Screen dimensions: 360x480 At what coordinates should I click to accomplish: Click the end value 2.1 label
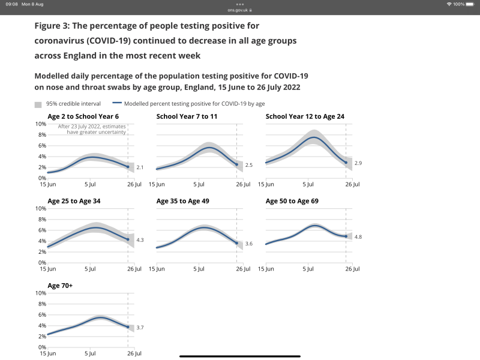click(139, 167)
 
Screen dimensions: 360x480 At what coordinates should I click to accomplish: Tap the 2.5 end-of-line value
click(248, 164)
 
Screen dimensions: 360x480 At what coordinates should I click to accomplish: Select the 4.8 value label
click(358, 237)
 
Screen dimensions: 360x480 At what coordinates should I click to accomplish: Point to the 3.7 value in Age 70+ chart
click(139, 327)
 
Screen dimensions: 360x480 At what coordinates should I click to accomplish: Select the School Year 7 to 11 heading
click(187, 116)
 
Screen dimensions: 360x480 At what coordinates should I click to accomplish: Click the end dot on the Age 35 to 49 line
click(237, 243)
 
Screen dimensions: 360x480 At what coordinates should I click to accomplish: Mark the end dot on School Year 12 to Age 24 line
click(346, 163)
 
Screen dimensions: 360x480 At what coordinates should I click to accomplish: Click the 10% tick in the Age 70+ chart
click(40, 293)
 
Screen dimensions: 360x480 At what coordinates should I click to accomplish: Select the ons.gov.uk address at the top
click(240, 10)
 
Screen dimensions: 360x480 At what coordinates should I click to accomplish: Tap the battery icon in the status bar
click(471, 4)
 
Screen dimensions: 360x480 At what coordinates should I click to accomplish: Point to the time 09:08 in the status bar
click(11, 4)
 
